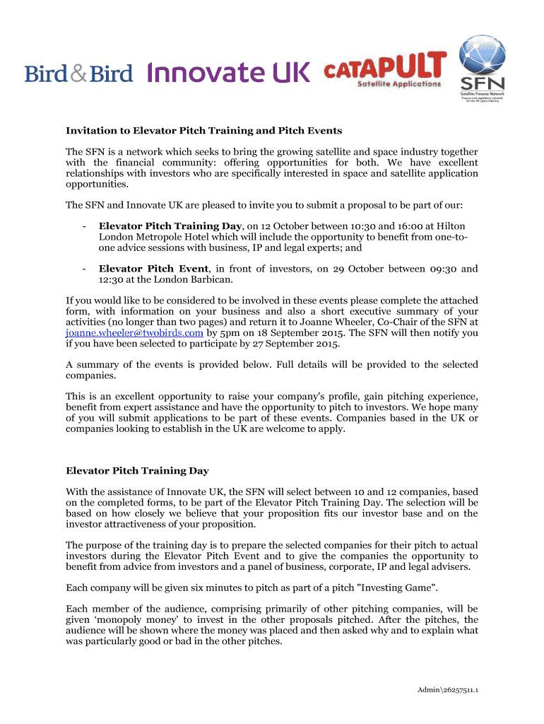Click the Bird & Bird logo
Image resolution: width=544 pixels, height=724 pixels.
78,73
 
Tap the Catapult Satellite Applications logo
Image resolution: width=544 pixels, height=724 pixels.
385,71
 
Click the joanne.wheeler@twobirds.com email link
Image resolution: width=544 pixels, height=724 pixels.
134,332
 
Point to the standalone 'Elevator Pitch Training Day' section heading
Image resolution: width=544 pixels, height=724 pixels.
137,470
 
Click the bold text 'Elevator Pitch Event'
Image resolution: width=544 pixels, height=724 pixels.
153,269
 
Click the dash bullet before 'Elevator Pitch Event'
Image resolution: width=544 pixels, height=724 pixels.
84,269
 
